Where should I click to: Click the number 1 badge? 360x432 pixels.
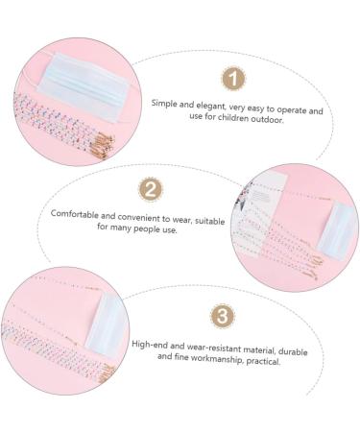pyautogui.click(x=233, y=79)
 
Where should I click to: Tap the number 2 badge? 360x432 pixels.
pyautogui.click(x=150, y=189)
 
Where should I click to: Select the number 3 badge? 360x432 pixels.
pyautogui.click(x=223, y=316)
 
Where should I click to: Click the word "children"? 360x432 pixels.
pyautogui.click(x=233, y=118)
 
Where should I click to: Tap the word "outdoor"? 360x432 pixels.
pyautogui.click(x=267, y=120)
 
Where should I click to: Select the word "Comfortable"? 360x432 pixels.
pyautogui.click(x=75, y=213)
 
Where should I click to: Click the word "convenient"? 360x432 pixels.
pyautogui.click(x=139, y=217)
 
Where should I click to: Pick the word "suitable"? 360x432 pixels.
pyautogui.click(x=210, y=221)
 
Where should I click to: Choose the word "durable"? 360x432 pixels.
pyautogui.click(x=293, y=351)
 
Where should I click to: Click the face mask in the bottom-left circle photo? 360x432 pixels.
pyautogui.click(x=107, y=324)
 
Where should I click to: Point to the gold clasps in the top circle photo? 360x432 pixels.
pyautogui.click(x=102, y=142)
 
